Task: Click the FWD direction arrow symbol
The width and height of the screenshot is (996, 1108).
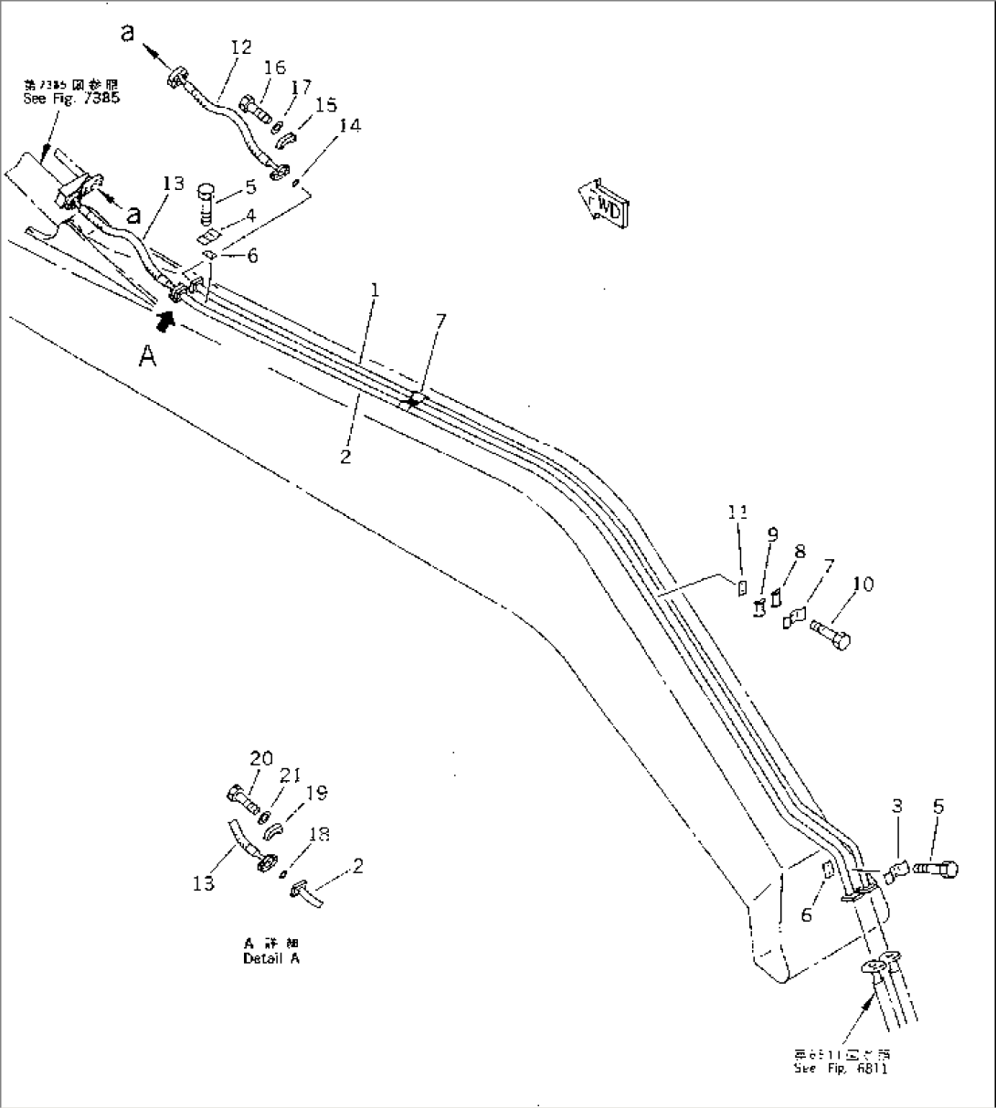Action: click(x=604, y=201)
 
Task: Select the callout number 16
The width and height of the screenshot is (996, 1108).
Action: click(x=275, y=68)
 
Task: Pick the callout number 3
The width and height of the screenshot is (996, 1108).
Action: click(x=897, y=806)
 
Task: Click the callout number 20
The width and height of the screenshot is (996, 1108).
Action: click(x=260, y=757)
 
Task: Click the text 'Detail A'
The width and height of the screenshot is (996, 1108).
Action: click(x=270, y=958)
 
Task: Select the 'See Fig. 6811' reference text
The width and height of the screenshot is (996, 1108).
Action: click(x=840, y=1068)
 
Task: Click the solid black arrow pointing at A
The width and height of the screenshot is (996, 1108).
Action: click(x=164, y=319)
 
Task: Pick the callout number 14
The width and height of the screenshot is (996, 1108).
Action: click(x=350, y=125)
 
